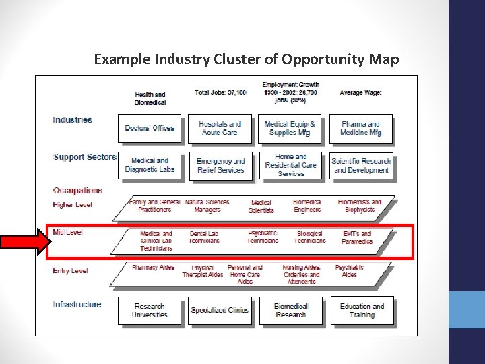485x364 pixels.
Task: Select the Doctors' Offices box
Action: [150, 128]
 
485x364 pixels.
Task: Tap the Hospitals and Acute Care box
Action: [220, 128]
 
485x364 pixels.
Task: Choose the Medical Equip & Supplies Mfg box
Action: [290, 128]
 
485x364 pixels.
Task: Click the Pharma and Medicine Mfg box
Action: [361, 128]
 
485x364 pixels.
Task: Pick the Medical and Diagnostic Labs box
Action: [150, 165]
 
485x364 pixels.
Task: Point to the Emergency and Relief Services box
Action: [220, 166]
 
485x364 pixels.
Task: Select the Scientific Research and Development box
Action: [362, 166]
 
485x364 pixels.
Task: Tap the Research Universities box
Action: [150, 311]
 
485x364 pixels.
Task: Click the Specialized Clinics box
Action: [220, 311]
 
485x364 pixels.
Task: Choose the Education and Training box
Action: [362, 311]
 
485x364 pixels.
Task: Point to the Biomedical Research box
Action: [291, 311]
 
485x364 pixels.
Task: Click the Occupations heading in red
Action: [77, 191]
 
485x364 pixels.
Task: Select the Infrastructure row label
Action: [77, 305]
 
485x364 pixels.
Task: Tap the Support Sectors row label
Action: [84, 157]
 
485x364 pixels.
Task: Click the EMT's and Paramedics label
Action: [357, 238]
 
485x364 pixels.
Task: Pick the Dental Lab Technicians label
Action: [203, 237]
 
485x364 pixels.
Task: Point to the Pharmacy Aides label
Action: [153, 268]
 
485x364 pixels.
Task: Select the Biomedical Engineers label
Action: [307, 206]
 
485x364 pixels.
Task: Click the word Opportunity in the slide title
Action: [323, 59]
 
